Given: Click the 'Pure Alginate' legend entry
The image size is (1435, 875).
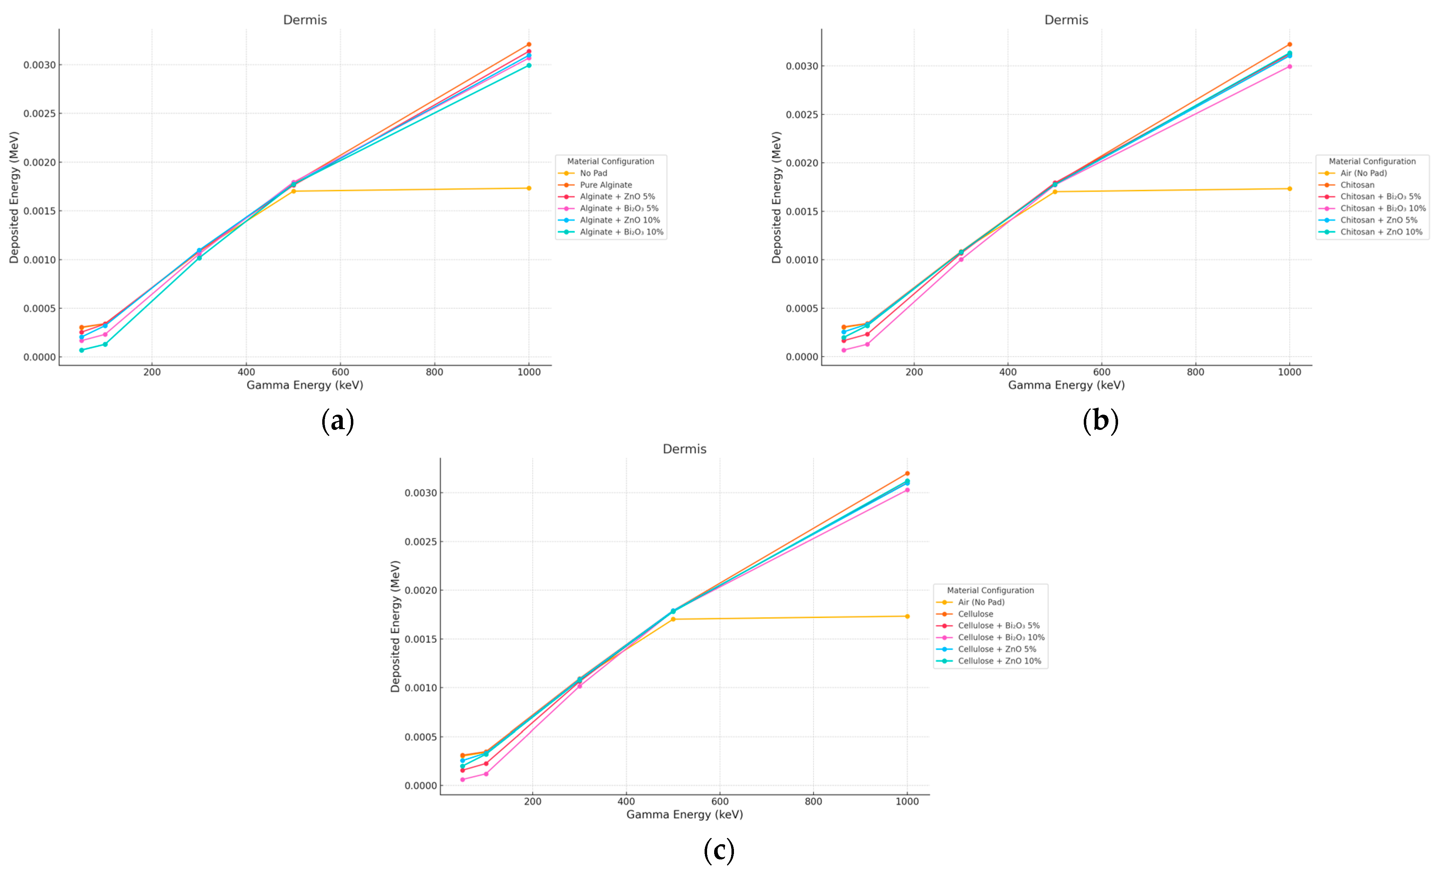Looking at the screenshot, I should [x=606, y=185].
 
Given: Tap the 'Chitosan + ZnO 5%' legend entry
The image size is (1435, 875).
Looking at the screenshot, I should [x=1378, y=220].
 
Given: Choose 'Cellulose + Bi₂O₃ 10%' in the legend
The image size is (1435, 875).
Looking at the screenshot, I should [x=1001, y=637].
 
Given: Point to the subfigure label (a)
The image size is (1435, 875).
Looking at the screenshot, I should [x=338, y=421].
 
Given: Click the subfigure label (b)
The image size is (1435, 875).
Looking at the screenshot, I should [x=1100, y=421].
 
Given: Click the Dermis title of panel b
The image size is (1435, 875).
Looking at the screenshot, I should [x=1066, y=20].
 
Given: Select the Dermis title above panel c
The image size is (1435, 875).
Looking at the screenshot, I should [x=684, y=449].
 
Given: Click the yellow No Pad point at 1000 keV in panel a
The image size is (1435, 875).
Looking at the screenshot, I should [x=529, y=188].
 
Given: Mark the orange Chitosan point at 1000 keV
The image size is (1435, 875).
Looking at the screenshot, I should [x=1289, y=44].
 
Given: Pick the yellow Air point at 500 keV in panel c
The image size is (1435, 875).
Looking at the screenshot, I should [x=673, y=619].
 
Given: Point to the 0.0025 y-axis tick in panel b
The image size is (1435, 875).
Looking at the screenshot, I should [x=802, y=115].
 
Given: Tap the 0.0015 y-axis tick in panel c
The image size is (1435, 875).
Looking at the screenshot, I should [x=421, y=639].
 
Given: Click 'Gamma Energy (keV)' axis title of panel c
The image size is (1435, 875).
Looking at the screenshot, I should [x=684, y=814].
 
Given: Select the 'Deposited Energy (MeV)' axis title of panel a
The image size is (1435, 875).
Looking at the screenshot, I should [x=14, y=197].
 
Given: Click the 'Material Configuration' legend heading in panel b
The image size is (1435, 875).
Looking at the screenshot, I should [x=1372, y=161].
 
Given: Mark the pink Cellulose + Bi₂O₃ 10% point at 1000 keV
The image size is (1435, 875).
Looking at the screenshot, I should [x=907, y=490].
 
